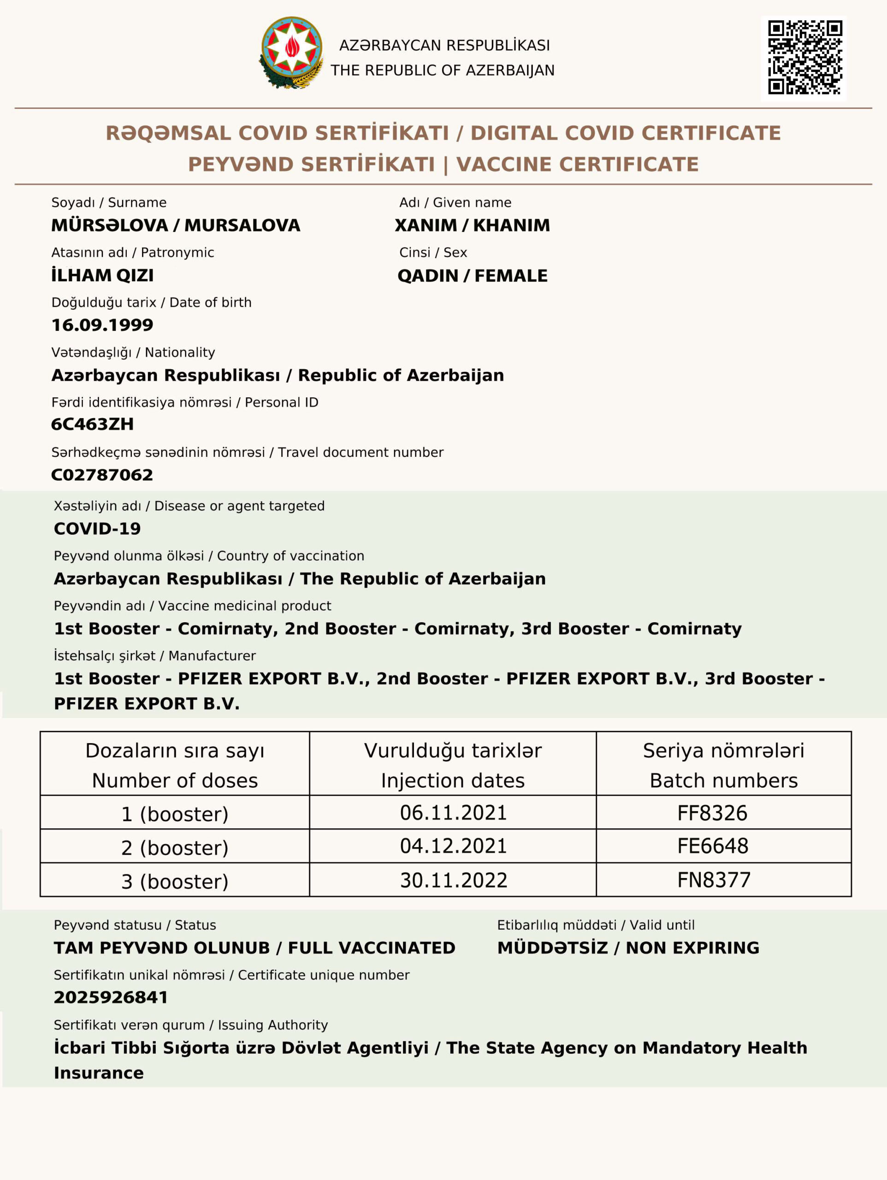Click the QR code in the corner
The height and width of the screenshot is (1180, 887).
[x=804, y=58]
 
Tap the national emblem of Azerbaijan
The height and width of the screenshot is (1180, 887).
[x=292, y=52]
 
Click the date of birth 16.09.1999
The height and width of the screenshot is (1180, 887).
[x=102, y=325]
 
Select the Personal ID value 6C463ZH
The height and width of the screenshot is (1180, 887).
[x=92, y=424]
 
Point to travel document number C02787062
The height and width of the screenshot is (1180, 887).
[x=102, y=475]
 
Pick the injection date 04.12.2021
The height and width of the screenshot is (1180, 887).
[x=453, y=846]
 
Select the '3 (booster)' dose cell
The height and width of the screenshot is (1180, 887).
[x=175, y=881]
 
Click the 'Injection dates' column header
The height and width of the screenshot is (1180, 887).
[x=453, y=780]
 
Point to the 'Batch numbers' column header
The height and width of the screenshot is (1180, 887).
[x=723, y=780]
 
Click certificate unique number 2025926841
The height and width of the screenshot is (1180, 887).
[x=111, y=997]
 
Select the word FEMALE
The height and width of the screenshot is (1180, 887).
[x=511, y=276]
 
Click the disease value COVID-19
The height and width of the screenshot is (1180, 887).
[x=97, y=529]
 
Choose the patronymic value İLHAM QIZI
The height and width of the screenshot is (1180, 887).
[x=102, y=275]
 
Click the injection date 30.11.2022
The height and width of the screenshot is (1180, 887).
[x=454, y=880]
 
